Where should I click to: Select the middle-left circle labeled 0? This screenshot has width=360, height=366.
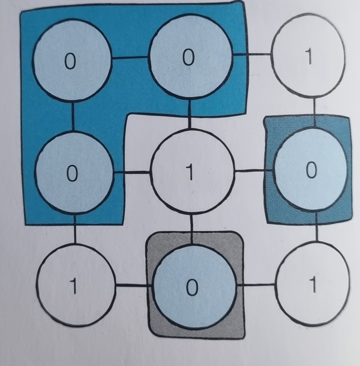point(73,173)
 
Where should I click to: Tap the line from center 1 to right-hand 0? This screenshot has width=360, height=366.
point(251,170)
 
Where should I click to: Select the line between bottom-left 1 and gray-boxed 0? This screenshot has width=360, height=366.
point(131,285)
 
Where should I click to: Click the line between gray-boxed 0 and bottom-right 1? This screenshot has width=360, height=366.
point(256,284)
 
